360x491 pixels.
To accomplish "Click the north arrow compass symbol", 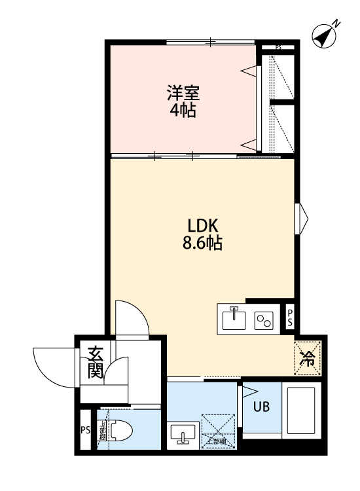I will (x=325, y=35).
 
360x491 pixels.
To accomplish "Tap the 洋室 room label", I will (x=183, y=93).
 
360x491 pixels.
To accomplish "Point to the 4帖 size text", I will (x=183, y=110).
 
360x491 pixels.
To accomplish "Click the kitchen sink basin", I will (x=233, y=319).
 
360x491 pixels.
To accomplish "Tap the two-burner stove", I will (x=264, y=319).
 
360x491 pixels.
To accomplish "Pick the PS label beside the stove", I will (x=291, y=319).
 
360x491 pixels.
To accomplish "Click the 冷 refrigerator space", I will (x=307, y=358).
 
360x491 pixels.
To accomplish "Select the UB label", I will (x=262, y=406).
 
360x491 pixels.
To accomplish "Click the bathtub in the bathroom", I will (x=301, y=411).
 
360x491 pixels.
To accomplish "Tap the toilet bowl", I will (x=120, y=430).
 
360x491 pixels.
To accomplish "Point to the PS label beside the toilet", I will (x=85, y=430).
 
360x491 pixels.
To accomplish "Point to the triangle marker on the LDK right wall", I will (x=302, y=218).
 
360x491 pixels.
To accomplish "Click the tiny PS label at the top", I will (x=278, y=47).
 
